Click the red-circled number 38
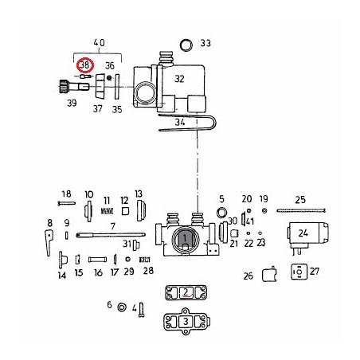[x=85, y=65]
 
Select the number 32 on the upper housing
[x=179, y=79]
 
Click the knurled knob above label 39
[x=63, y=86]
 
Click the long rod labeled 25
[x=301, y=211]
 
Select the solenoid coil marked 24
[x=308, y=233]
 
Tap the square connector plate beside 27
[x=299, y=272]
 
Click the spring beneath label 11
[x=107, y=211]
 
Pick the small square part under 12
[x=125, y=211]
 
